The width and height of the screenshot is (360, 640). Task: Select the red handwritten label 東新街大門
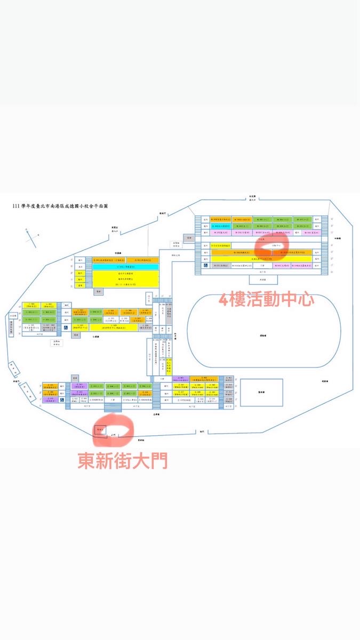pyautogui.click(x=122, y=460)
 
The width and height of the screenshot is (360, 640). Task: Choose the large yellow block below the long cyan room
pyautogui.click(x=126, y=278)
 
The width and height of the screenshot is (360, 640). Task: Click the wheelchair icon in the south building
pyautogui.click(x=62, y=399)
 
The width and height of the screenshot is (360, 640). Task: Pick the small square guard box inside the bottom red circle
pyautogui.click(x=100, y=429)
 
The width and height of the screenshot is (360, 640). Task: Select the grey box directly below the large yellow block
pyautogui.click(x=97, y=292)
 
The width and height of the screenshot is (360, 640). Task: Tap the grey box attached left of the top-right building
pyautogui.click(x=189, y=237)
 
